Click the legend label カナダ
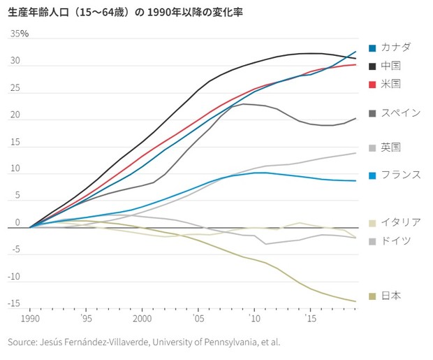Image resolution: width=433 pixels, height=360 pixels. tap(397, 47)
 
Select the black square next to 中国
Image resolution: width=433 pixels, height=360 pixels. tap(373, 66)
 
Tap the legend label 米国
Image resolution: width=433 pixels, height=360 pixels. tap(391, 84)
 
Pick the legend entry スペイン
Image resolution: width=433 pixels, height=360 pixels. tap(400, 112)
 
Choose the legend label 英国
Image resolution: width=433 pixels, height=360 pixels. tap(391, 147)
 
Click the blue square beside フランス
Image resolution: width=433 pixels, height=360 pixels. tap(373, 175)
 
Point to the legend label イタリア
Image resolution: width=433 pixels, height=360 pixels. tap(400, 222)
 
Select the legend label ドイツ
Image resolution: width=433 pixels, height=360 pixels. tap(396, 240)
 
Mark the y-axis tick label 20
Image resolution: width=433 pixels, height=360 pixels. tap(15, 115)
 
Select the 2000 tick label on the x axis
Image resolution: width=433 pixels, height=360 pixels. tap(142, 318)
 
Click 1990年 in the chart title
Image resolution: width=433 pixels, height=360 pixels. tap(158, 12)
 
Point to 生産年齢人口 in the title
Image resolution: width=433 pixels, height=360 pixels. tap(33, 12)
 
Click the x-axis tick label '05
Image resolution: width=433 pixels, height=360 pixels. tap(198, 318)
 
